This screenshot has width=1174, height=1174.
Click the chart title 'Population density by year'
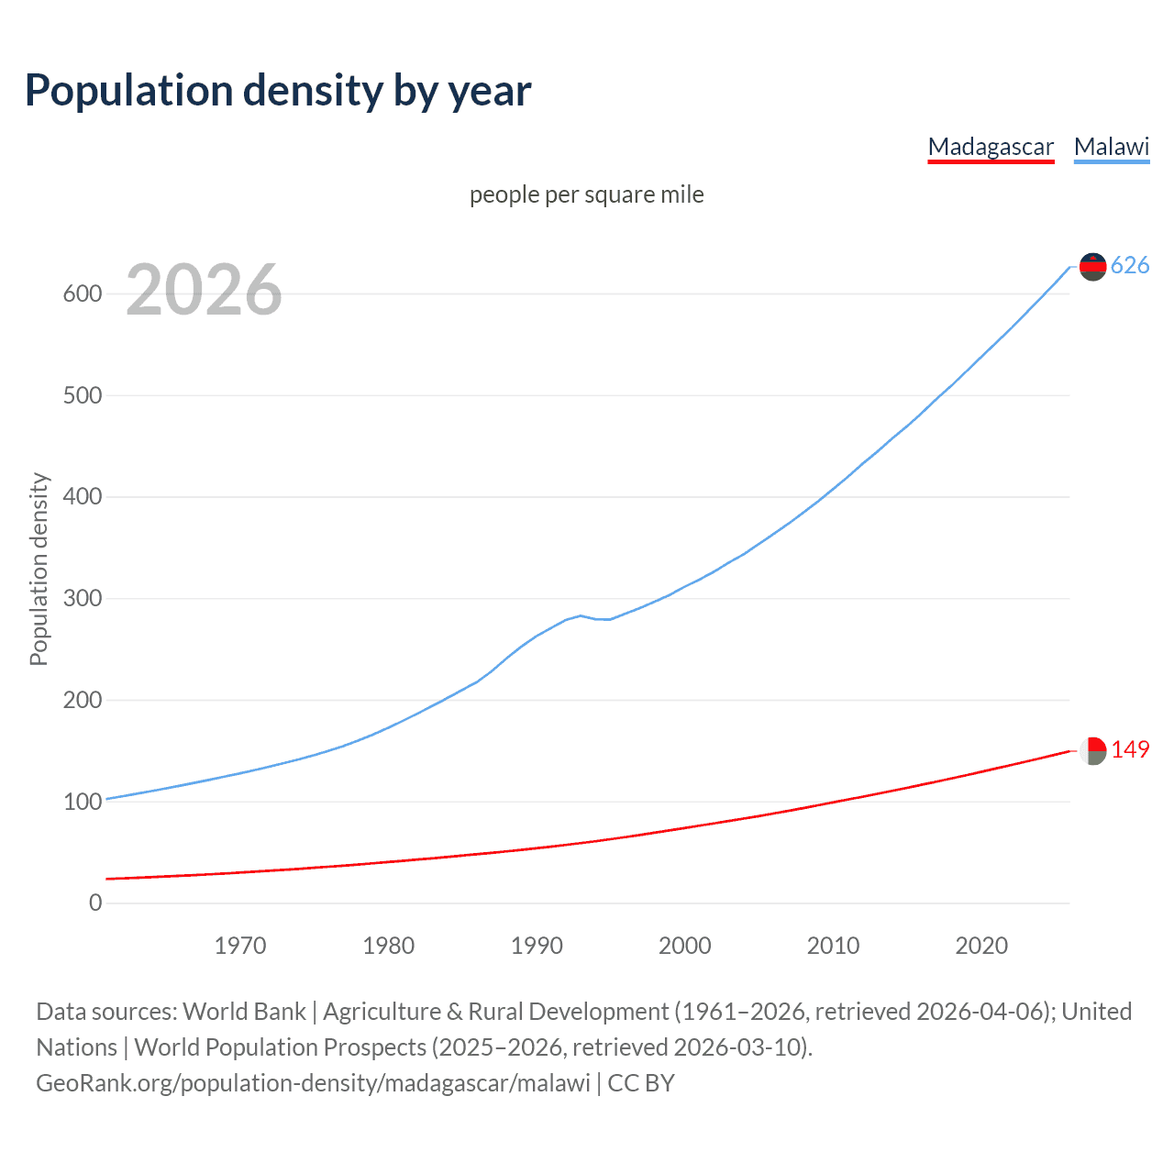pos(278,90)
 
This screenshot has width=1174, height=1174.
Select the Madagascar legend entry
pos(991,147)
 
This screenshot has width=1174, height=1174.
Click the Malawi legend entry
pos(1112,147)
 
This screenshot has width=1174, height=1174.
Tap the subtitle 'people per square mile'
pos(587,194)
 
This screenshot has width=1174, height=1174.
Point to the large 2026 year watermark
pos(204,290)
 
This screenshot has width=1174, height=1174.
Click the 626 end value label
pos(1130,265)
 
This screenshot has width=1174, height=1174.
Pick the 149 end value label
pos(1130,749)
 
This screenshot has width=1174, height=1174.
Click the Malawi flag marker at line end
pos(1092,266)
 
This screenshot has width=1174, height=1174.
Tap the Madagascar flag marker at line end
pos(1092,750)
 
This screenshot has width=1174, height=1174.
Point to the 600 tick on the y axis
pos(83,293)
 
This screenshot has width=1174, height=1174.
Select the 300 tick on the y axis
pos(83,598)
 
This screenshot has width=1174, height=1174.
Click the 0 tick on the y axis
pos(95,903)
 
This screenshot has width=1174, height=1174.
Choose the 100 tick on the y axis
pos(83,802)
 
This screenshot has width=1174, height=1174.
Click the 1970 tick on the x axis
pos(240,946)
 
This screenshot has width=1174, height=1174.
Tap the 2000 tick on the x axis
pos(685,946)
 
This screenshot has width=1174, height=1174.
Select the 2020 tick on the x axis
pos(981,946)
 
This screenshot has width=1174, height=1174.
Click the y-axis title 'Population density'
pos(39,569)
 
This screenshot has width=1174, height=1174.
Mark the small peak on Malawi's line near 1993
pos(581,615)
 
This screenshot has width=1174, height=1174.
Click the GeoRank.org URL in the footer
pos(313,1083)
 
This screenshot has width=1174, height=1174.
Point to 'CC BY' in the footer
pos(641,1083)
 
